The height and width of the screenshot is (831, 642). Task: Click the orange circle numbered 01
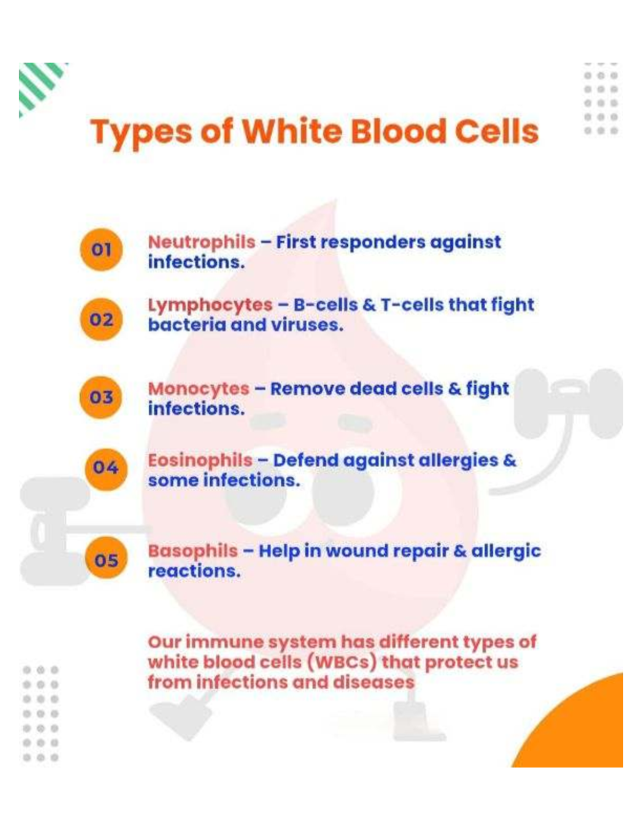(x=101, y=249)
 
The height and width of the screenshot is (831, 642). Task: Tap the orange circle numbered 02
(x=101, y=319)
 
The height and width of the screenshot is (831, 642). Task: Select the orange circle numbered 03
(x=101, y=397)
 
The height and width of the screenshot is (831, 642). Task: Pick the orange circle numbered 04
(x=106, y=468)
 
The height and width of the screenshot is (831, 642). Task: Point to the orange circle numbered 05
(x=106, y=560)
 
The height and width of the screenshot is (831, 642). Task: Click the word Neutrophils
(x=202, y=242)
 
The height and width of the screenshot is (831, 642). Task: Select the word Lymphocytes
(x=210, y=305)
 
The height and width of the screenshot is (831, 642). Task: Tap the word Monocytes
(x=198, y=389)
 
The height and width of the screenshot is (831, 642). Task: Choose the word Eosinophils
(x=200, y=460)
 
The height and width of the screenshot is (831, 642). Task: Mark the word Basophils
(x=193, y=551)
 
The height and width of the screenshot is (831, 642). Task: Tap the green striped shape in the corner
(x=40, y=84)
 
